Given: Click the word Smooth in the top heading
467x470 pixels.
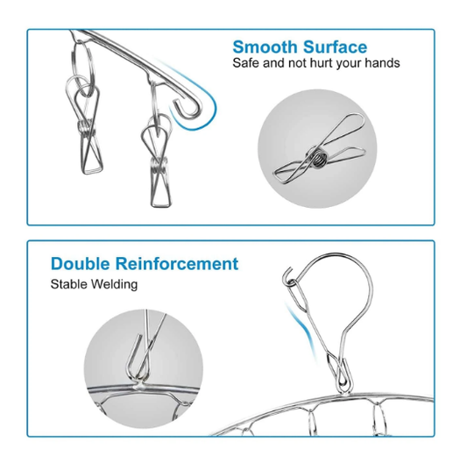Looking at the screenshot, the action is pyautogui.click(x=265, y=47).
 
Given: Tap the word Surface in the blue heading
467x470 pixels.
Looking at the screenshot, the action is pyautogui.click(x=335, y=47).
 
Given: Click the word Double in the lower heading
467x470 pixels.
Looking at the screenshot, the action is pyautogui.click(x=81, y=264).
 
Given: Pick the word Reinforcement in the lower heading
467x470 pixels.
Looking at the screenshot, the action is pyautogui.click(x=177, y=264).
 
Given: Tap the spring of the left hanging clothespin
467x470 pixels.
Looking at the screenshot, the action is pyautogui.click(x=86, y=129).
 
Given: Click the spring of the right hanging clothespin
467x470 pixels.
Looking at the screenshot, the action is pyautogui.click(x=159, y=166).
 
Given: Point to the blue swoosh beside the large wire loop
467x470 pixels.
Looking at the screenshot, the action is pyautogui.click(x=302, y=328).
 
